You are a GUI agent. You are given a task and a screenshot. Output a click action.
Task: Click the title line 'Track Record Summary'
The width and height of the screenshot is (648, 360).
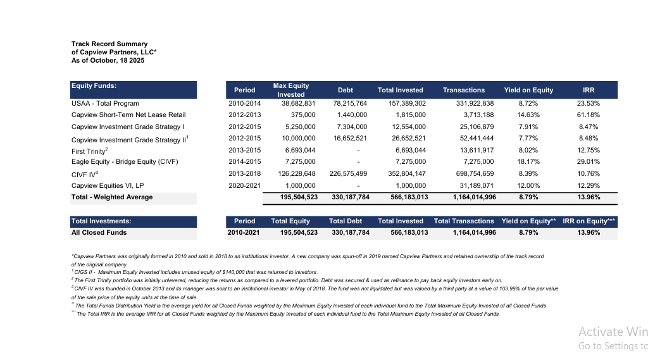click(x=109, y=44)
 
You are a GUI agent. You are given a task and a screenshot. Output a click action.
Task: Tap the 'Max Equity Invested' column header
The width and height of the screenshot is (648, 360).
click(x=290, y=90)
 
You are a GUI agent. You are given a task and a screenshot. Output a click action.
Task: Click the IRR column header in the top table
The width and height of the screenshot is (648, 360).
click(x=588, y=90)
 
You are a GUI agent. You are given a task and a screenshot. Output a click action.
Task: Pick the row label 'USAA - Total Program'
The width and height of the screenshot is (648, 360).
click(x=105, y=103)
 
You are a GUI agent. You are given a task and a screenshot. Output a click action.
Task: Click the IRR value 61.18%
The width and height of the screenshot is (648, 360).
click(x=588, y=115)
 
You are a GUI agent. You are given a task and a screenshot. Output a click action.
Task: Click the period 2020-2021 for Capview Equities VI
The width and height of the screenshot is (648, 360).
click(x=244, y=185)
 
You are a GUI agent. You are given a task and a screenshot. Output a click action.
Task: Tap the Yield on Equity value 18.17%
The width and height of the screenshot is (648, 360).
click(x=528, y=162)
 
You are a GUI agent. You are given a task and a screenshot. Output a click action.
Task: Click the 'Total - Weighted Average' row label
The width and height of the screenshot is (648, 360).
click(x=112, y=197)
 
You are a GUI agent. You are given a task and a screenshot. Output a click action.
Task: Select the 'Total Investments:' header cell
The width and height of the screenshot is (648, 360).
click(x=101, y=221)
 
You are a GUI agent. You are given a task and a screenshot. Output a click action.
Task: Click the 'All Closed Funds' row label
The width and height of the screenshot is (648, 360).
click(x=99, y=233)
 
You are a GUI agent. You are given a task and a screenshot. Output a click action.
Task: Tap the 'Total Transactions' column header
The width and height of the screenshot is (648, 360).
click(x=464, y=221)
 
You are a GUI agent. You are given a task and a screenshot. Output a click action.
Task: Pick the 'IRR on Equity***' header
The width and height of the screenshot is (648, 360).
click(x=589, y=221)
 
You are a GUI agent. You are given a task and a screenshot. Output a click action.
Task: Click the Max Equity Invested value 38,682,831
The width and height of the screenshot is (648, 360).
click(x=297, y=103)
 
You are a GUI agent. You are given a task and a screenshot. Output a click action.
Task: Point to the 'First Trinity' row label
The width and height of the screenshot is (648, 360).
click(x=89, y=151)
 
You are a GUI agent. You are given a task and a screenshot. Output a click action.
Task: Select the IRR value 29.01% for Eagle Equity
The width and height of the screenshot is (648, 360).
click(x=588, y=162)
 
